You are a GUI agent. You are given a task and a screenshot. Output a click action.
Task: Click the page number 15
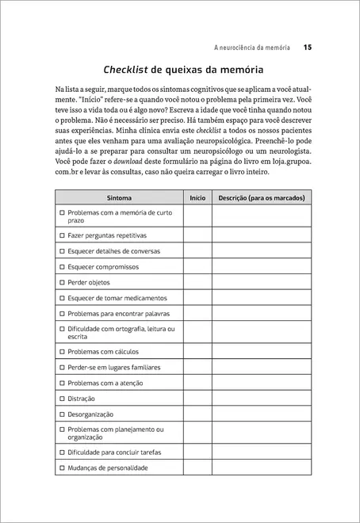pos(307,48)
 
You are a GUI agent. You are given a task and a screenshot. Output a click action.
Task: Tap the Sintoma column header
pos(119,197)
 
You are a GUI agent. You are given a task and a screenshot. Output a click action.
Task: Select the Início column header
pos(197,197)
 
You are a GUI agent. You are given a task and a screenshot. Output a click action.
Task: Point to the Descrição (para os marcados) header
pos(262,197)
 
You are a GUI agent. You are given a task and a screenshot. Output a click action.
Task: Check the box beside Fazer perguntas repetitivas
pos(62,235)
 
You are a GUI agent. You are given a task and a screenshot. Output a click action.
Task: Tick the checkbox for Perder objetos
pos(62,282)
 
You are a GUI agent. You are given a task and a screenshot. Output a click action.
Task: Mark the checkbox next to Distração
pos(62,399)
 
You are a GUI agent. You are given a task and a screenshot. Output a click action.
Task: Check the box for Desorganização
pos(62,414)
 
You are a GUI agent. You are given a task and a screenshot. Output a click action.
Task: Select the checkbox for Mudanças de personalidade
pos(62,468)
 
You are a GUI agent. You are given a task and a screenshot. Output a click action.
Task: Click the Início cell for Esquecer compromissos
pos(197,267)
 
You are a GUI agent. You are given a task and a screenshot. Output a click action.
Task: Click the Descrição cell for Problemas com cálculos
pos(262,352)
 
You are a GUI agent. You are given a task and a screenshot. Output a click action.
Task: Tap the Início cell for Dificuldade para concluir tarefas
pos(197,452)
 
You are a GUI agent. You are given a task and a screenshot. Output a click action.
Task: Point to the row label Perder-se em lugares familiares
pos(114,368)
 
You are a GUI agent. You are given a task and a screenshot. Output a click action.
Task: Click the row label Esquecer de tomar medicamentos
pos(117,298)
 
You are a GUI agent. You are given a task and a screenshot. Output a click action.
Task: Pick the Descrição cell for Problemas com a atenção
pos(262,384)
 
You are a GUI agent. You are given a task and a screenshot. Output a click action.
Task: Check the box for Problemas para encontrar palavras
pos(62,314)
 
